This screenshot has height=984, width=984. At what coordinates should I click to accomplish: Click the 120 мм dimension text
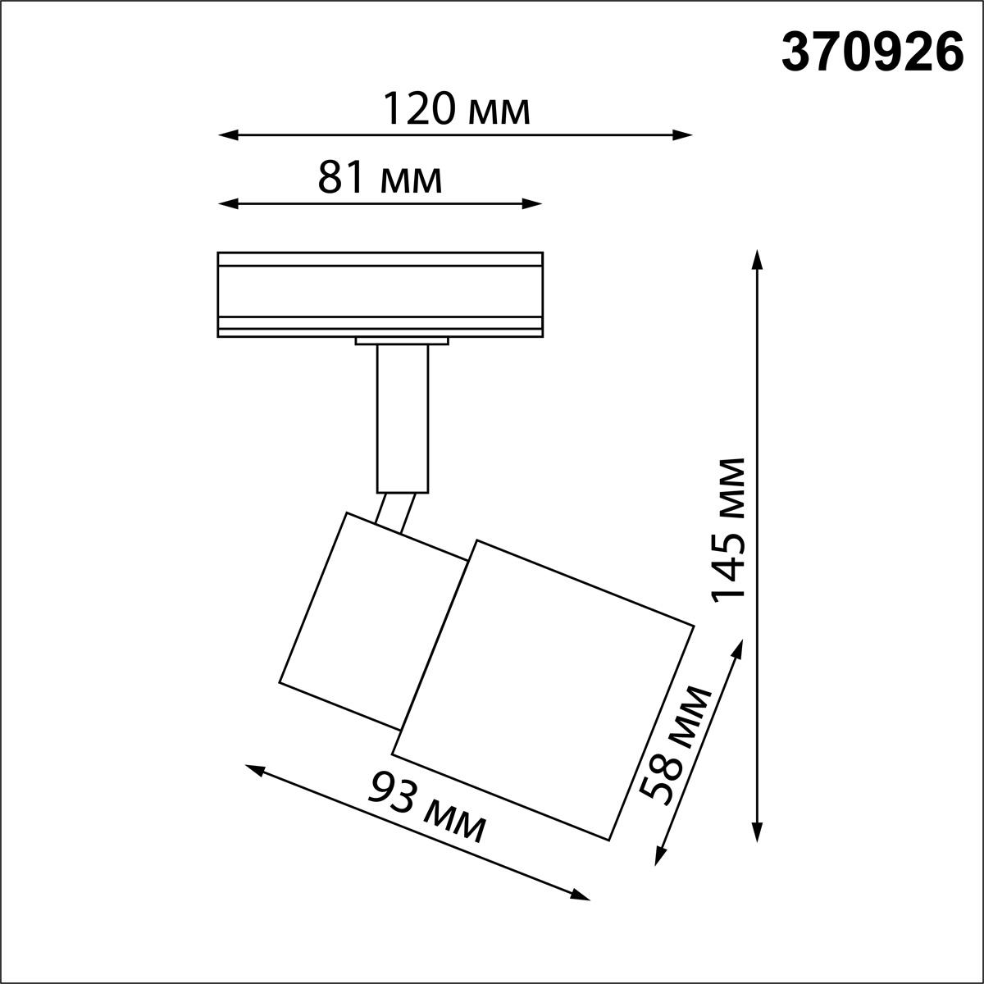click(458, 109)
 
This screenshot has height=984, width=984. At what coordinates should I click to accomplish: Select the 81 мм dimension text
click(380, 178)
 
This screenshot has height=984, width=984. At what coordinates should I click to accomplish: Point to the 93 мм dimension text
click(426, 807)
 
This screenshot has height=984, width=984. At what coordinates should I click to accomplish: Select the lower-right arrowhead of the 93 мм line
click(581, 895)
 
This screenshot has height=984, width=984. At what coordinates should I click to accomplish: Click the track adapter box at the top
click(380, 294)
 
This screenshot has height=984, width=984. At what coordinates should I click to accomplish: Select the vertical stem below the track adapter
click(402, 418)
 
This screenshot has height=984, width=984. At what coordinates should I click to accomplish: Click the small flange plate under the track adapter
click(402, 340)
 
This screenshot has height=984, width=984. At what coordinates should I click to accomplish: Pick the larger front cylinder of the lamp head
click(543, 689)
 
